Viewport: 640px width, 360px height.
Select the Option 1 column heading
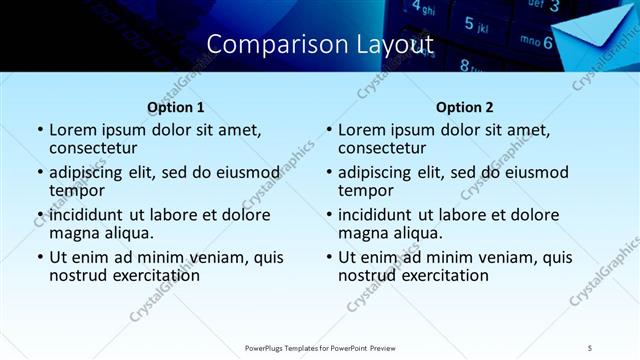pos(176,107)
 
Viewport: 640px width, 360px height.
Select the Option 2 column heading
pos(465,107)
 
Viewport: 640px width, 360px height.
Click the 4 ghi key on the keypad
pos(424,10)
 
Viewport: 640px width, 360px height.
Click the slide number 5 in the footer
pos(590,347)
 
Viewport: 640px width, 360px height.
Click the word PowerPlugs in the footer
pos(270,347)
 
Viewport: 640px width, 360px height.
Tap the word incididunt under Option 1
pos(86,215)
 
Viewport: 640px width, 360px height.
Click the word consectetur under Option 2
pos(388,148)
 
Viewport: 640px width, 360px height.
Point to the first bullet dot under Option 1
pos(40,131)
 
